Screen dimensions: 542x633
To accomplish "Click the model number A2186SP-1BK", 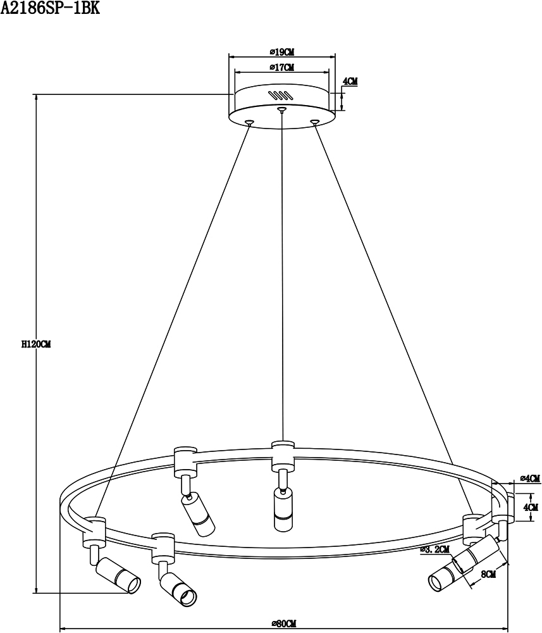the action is (50, 8).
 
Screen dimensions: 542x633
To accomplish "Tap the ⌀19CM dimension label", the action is (282, 52).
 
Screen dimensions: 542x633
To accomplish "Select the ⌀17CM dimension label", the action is (282, 68).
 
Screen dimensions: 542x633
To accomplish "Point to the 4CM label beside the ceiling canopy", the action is (350, 81).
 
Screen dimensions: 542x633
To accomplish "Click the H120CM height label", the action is (36, 344).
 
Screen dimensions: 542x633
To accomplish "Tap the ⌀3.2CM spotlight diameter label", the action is (434, 549).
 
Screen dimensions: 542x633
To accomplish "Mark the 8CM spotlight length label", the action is (488, 574).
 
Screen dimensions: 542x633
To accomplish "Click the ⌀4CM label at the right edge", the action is (530, 479).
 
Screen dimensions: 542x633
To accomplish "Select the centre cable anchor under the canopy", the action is (281, 109).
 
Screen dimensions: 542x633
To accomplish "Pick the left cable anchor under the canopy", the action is (250, 121).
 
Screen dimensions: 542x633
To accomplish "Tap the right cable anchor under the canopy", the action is (314, 121).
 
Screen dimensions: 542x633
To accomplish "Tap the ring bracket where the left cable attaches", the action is (94, 532).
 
